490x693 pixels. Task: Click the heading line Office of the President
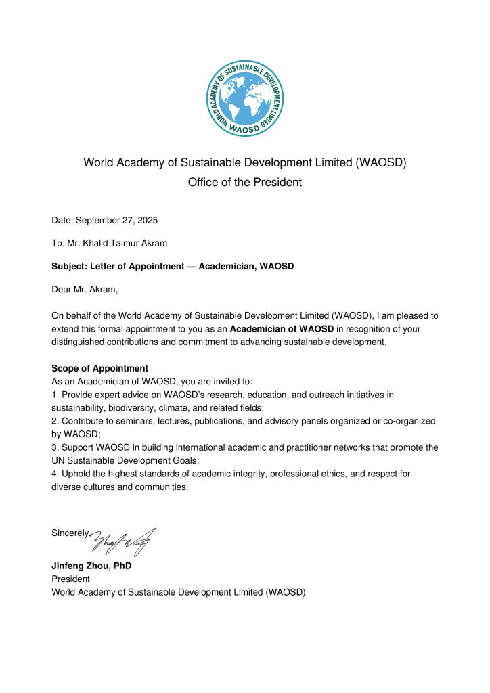click(245, 183)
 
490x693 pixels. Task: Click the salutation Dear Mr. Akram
click(85, 290)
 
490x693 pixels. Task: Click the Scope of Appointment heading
click(99, 368)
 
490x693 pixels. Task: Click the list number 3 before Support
click(54, 447)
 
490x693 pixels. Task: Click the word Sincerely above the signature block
click(70, 533)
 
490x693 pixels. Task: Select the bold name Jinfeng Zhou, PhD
click(91, 566)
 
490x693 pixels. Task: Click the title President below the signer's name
click(70, 579)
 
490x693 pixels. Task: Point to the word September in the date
click(97, 221)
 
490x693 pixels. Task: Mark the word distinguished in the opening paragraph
click(83, 342)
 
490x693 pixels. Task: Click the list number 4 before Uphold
click(54, 474)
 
